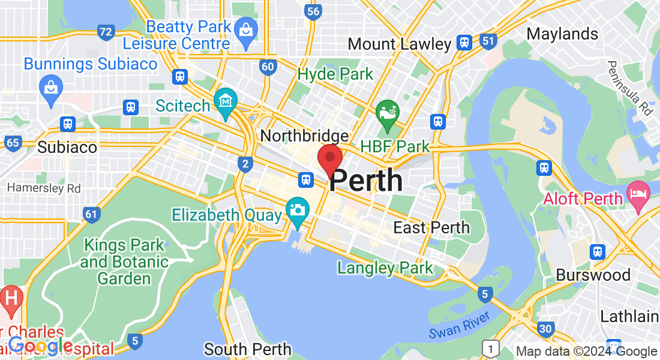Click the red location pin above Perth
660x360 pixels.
pyautogui.click(x=329, y=158)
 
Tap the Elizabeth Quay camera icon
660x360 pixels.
pyautogui.click(x=297, y=210)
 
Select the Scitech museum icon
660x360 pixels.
pyautogui.click(x=226, y=102)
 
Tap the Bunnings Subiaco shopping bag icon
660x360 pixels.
pyautogui.click(x=51, y=88)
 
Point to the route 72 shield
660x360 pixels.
pyautogui.click(x=106, y=32)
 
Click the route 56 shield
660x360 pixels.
pyautogui.click(x=312, y=11)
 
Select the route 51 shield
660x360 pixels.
pyautogui.click(x=488, y=41)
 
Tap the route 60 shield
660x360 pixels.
pyautogui.click(x=269, y=67)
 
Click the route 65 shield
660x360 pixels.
pyautogui.click(x=13, y=143)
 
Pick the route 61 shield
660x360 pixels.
pyautogui.click(x=91, y=215)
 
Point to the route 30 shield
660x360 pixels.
pyautogui.click(x=545, y=328)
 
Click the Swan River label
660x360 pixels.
pyautogui.click(x=460, y=324)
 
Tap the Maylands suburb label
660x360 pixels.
pyautogui.click(x=562, y=34)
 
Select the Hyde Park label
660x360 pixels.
pyautogui.click(x=335, y=74)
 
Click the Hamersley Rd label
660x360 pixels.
pyautogui.click(x=44, y=188)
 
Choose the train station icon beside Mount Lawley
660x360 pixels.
pyautogui.click(x=464, y=43)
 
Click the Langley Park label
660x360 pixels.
pyautogui.click(x=385, y=268)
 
